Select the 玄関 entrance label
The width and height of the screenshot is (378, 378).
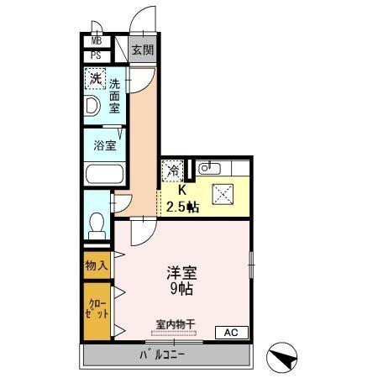142,50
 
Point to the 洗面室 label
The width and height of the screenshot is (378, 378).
115,96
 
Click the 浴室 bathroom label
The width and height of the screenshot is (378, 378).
105,144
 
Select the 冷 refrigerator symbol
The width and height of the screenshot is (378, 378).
171,171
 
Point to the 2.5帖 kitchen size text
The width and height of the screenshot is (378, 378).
182,206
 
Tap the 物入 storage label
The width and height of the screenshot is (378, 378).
96,265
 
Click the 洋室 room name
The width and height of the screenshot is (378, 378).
181,273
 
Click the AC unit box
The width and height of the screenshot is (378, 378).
232,332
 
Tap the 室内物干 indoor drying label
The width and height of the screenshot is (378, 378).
176,323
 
